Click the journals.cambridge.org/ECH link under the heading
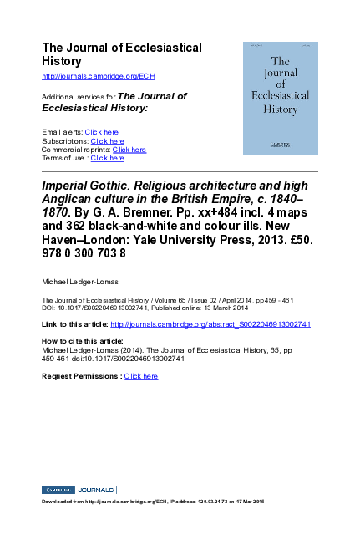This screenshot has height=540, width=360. tap(99, 75)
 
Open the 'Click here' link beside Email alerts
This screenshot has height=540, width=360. tap(102, 132)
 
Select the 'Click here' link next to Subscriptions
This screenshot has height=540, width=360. tap(108, 141)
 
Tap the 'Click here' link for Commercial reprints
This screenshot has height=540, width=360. tap(129, 150)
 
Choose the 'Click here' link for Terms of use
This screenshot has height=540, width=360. tap(107, 158)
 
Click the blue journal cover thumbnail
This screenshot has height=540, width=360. tap(281, 98)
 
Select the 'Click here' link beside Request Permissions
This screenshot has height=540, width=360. tap(140, 376)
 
